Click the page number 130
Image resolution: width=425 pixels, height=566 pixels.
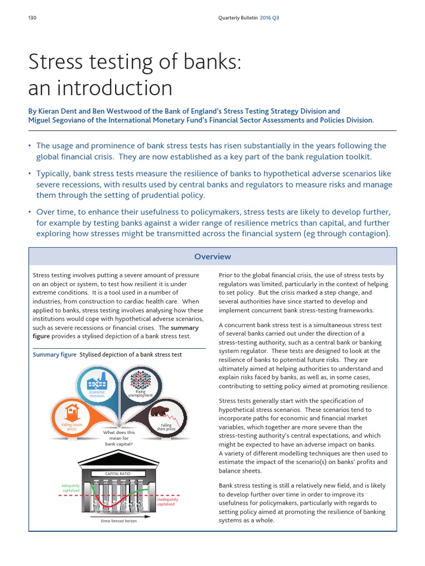tap(32, 18)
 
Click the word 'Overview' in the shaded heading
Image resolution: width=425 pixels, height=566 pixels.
tap(212, 256)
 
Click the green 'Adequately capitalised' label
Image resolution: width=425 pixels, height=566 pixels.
tap(71, 488)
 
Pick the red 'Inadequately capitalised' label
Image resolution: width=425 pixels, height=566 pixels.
tap(168, 502)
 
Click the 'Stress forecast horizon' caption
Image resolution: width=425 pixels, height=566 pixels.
tap(120, 521)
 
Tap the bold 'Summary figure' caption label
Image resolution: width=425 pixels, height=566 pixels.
tap(55, 355)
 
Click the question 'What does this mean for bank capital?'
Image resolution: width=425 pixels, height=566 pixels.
tap(119, 438)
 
